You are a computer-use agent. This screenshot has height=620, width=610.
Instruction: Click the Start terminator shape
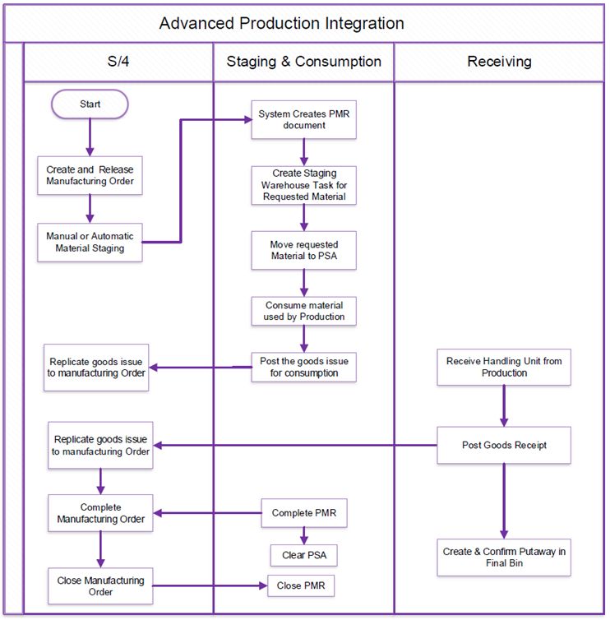point(90,104)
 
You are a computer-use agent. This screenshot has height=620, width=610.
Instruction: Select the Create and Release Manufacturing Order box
point(90,175)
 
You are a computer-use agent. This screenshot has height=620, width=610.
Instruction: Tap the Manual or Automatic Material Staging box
point(90,243)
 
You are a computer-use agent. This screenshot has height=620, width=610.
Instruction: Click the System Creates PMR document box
point(303,120)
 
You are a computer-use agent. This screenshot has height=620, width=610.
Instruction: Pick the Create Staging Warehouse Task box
point(303,184)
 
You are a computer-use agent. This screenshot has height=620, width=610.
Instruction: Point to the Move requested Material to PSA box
point(303,250)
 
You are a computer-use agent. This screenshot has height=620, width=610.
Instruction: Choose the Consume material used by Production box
point(303,310)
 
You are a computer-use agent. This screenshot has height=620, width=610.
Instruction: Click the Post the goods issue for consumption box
point(303,368)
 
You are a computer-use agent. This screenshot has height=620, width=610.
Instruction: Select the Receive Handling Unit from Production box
point(503,368)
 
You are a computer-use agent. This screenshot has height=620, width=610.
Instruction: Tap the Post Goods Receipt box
point(503,446)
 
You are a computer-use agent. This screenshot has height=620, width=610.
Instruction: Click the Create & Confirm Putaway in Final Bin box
point(503,558)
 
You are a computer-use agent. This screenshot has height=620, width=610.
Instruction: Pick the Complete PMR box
point(303,513)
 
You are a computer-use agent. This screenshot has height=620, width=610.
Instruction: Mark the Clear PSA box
point(303,555)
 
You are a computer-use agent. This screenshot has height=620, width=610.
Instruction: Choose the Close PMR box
point(301,585)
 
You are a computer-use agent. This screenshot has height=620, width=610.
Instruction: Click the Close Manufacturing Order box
point(100,586)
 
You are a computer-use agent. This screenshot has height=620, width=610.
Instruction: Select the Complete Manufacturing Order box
point(100,513)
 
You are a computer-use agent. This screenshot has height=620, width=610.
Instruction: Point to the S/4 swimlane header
point(118,62)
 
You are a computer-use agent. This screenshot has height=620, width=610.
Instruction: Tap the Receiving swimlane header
point(499,62)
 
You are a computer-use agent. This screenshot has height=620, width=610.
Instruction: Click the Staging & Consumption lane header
point(303,62)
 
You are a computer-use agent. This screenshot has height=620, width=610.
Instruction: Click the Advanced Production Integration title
point(281,23)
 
